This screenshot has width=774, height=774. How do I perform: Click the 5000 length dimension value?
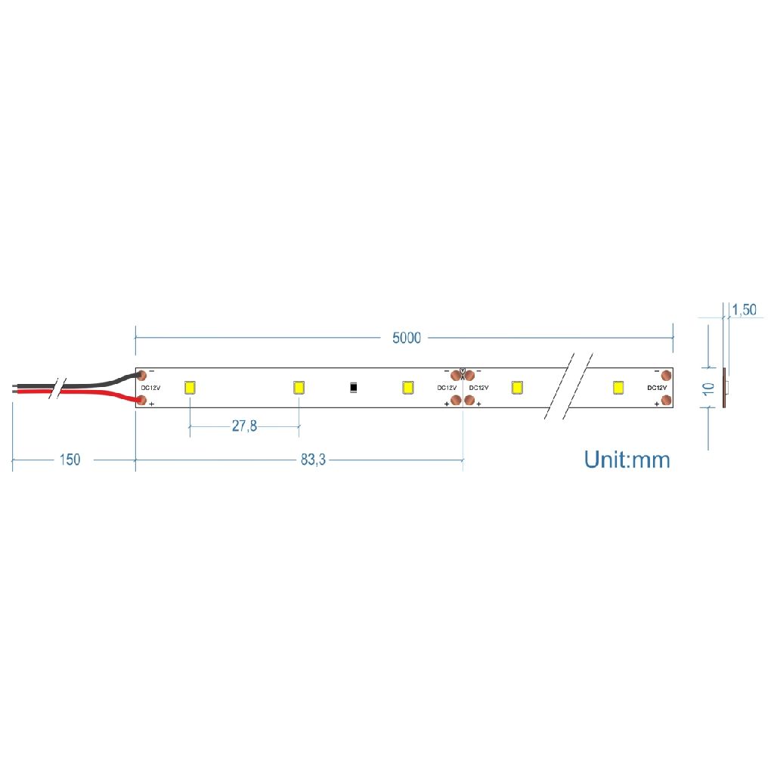pyautogui.click(x=406, y=338)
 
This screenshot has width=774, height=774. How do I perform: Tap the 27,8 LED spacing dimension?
pyautogui.click(x=244, y=426)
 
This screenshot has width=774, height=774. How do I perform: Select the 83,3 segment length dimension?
pyautogui.click(x=313, y=460)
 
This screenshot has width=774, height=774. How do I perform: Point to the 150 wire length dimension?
pyautogui.click(x=70, y=460)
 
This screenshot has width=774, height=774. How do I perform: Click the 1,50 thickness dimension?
pyautogui.click(x=744, y=310)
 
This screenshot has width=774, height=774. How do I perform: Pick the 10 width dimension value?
pyautogui.click(x=709, y=389)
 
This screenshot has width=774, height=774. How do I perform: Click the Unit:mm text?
pyautogui.click(x=627, y=460)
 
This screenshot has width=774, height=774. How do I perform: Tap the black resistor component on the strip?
pyautogui.click(x=354, y=388)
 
